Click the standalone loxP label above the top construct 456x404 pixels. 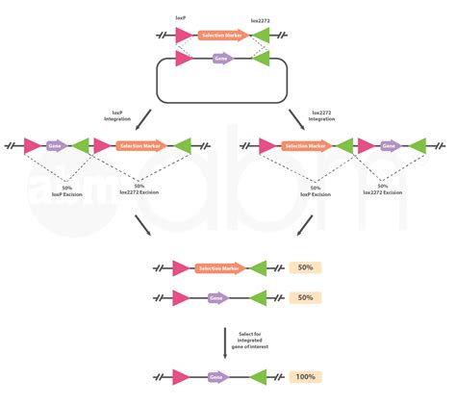(181, 16)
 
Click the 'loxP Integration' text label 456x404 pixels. (117, 114)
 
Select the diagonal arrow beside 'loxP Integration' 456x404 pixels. (142, 119)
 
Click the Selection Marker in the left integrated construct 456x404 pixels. (142, 146)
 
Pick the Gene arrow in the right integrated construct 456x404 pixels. (390, 146)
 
